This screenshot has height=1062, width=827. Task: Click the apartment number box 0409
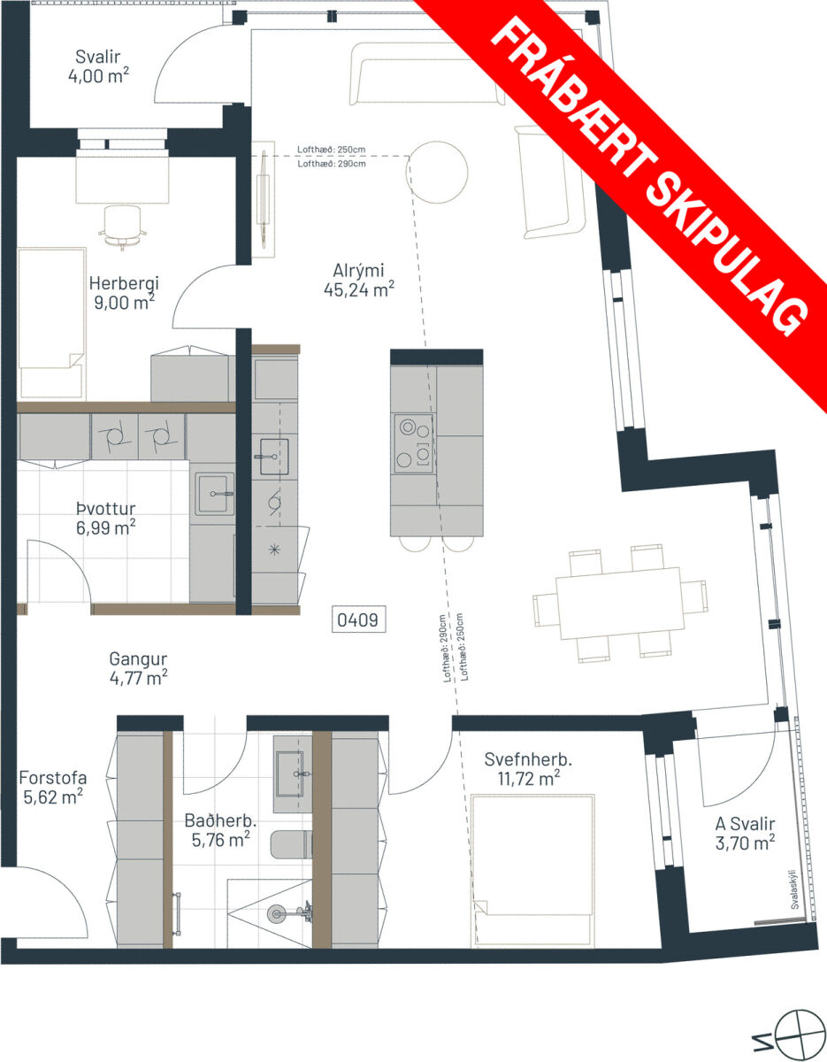358,619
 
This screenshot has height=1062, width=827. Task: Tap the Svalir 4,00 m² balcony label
98,66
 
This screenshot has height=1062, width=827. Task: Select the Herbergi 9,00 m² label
124,293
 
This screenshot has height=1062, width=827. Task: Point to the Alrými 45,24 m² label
359,280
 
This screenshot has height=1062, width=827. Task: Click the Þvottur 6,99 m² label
105,518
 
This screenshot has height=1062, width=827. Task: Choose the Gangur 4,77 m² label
138,668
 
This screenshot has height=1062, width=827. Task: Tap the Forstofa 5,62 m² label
53,787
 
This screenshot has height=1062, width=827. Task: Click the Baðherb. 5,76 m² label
221,830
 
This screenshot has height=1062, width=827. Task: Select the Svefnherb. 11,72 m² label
528,769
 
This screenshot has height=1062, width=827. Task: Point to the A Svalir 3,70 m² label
745,834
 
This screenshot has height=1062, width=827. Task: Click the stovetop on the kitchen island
414,443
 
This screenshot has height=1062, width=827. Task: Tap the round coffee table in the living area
437,172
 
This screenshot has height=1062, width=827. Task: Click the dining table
620,603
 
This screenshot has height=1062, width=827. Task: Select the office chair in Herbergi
123,227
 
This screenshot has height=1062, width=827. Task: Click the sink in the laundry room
215,494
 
